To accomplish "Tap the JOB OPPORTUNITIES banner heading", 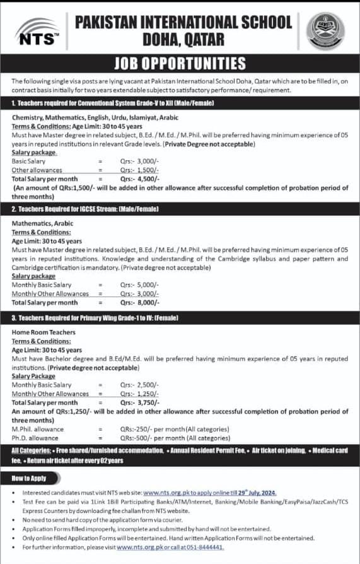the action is point(180,64).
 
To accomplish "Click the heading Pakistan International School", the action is point(183,23).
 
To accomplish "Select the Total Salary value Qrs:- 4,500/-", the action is point(139,179).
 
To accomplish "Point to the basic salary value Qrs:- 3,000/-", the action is point(139,162).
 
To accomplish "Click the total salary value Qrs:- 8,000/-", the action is point(139,302).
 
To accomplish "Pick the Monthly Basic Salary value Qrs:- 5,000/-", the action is point(139,285).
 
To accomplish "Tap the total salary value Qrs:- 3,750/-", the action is point(139,402).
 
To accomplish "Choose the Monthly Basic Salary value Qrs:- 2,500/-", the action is point(139,385).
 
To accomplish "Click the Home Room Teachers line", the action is point(44,332).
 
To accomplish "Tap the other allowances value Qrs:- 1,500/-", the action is point(139,170).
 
